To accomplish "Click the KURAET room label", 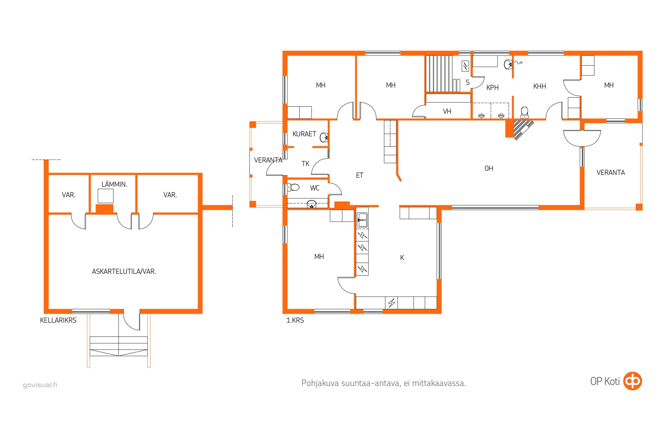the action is click(x=304, y=134).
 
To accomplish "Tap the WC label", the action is click(x=315, y=188).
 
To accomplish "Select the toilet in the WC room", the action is click(x=293, y=187).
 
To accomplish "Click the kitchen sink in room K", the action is click(x=362, y=220).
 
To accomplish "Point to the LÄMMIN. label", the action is click(x=114, y=184).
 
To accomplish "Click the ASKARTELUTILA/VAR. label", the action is click(x=124, y=272).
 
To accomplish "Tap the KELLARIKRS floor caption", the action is click(x=58, y=320).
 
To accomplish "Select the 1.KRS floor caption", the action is click(x=295, y=320).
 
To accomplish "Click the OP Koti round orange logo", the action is click(x=632, y=381).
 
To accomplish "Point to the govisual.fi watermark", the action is click(x=40, y=385).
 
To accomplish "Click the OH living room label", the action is click(x=489, y=169).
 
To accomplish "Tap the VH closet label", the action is click(x=447, y=111).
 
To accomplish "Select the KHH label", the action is click(x=540, y=86).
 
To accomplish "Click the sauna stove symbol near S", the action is click(x=465, y=66).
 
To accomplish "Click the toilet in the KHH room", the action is click(x=525, y=112).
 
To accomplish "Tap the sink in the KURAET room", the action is click(x=324, y=137).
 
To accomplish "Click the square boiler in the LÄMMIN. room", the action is click(x=106, y=196).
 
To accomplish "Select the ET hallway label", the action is click(x=360, y=175).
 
